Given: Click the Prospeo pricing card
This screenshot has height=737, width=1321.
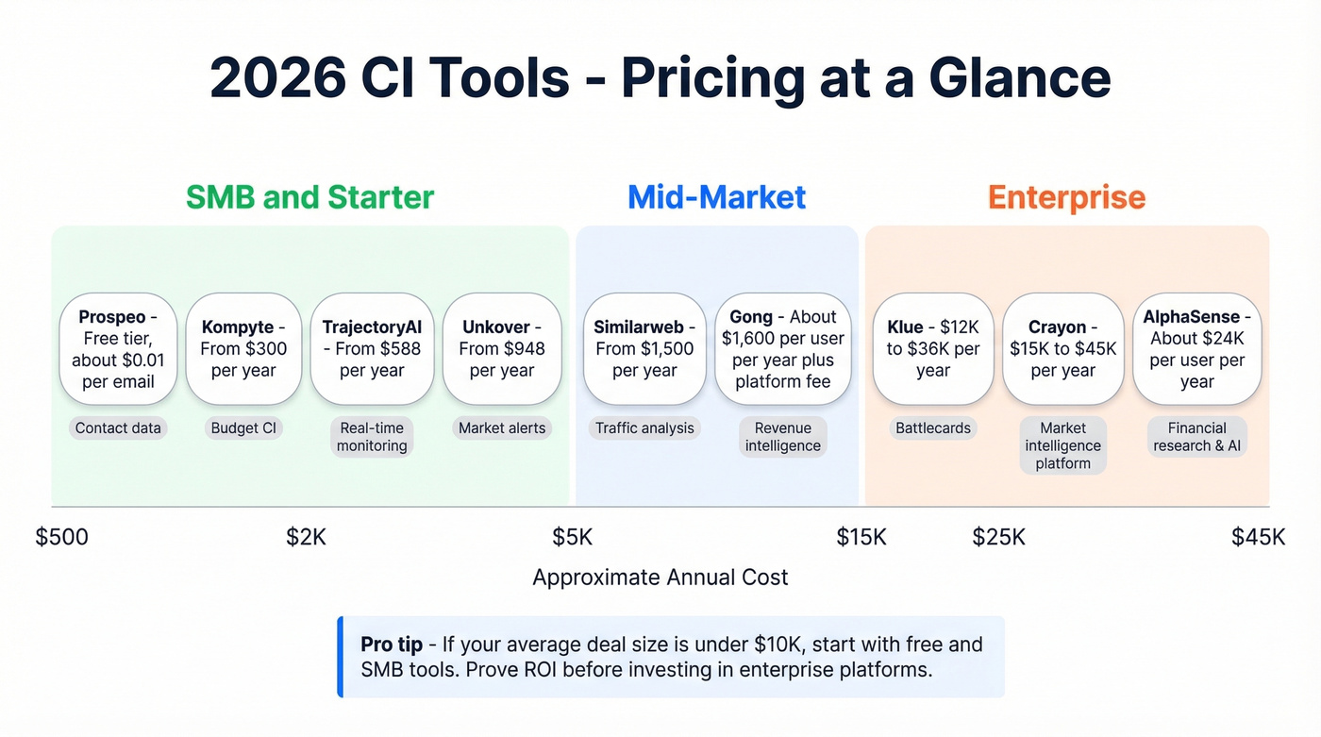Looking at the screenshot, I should (118, 349).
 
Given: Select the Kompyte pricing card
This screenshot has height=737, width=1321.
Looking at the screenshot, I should (243, 349).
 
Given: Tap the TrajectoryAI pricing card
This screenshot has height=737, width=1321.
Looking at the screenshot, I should (372, 349).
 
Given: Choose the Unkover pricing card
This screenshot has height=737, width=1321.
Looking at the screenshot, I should (502, 349).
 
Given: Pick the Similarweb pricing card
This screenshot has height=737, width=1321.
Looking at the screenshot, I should (644, 349).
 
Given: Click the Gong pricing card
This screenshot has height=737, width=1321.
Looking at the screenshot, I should (782, 349).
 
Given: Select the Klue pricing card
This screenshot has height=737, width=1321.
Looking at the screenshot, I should (932, 349).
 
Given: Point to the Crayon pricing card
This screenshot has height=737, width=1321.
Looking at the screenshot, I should (1062, 349).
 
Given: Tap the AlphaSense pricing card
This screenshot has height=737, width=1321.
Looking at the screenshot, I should (1196, 349).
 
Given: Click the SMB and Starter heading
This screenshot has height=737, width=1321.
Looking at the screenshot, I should (309, 197).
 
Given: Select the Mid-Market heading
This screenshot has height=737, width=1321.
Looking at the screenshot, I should (716, 197).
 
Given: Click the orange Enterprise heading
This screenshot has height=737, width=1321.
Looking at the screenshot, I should (1066, 197).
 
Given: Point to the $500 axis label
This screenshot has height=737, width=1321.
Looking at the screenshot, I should (62, 537).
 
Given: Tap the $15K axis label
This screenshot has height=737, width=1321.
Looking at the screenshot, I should (861, 537).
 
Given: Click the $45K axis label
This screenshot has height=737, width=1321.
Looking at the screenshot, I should (1258, 537).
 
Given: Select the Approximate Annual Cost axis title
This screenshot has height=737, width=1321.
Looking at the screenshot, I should (660, 578).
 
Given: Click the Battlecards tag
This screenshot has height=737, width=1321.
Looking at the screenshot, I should (932, 428).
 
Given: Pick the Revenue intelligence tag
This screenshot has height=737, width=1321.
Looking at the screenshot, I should (782, 437).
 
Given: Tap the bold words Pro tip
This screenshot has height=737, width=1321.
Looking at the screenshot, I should (391, 645).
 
